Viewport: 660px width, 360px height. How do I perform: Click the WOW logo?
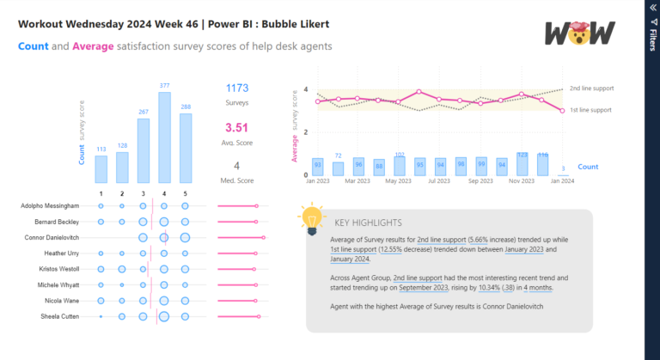580,33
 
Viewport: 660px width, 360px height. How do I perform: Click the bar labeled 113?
101,168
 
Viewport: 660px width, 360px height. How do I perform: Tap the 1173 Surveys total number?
238,88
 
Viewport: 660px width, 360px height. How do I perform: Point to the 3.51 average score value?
238,127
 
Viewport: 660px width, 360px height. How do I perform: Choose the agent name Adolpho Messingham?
52,206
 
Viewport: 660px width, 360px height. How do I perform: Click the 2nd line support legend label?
591,88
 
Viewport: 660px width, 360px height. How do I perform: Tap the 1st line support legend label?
591,110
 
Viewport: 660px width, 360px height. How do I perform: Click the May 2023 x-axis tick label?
397,181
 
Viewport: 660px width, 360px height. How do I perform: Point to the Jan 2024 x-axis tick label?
562,181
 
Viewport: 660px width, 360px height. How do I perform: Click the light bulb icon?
311,220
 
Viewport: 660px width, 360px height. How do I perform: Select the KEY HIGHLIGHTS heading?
370,221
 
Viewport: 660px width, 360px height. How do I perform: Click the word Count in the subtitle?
33,46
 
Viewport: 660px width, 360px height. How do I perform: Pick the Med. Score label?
238,180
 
